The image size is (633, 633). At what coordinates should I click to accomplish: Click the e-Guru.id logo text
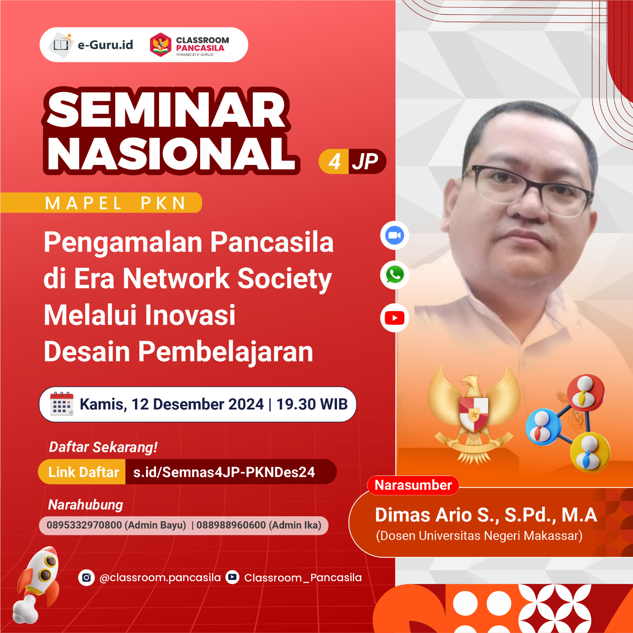pos(105,45)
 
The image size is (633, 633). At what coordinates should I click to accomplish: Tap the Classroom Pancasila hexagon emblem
pos(160,45)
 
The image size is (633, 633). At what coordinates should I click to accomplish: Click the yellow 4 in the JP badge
pos(334,161)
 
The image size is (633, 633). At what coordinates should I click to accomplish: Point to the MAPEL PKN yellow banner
pos(115,203)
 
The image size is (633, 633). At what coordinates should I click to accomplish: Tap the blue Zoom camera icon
pos(394,236)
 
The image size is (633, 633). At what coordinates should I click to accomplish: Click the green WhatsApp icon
pos(394,275)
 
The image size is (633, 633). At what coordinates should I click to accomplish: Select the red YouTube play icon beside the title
pos(394,318)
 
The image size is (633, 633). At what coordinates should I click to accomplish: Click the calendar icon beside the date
pos(61,404)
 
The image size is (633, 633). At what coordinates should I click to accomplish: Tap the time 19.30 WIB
pos(312,404)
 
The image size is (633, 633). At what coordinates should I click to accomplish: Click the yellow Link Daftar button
pos(83,472)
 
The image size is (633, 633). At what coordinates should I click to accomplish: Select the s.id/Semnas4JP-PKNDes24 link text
pos(224,472)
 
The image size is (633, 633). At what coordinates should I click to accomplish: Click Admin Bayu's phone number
pos(84,525)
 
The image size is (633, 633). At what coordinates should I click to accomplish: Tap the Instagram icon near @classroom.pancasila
pos(86,578)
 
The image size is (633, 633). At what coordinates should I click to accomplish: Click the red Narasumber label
pos(413,485)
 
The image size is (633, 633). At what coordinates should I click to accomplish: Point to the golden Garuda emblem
pos(474,415)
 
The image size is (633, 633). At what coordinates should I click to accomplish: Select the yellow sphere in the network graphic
pos(589,452)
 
